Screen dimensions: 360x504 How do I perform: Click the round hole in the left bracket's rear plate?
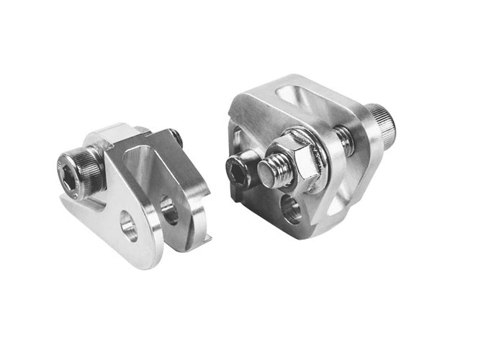[x=170, y=210]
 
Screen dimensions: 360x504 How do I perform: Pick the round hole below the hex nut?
[x=292, y=210]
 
